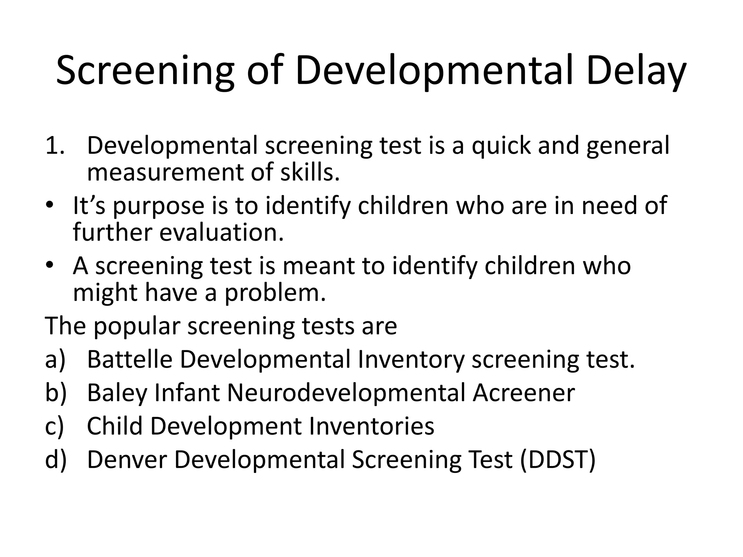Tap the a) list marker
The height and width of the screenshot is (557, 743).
(x=55, y=360)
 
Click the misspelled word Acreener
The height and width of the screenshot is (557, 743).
(x=524, y=393)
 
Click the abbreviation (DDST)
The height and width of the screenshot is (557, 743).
(x=558, y=460)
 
